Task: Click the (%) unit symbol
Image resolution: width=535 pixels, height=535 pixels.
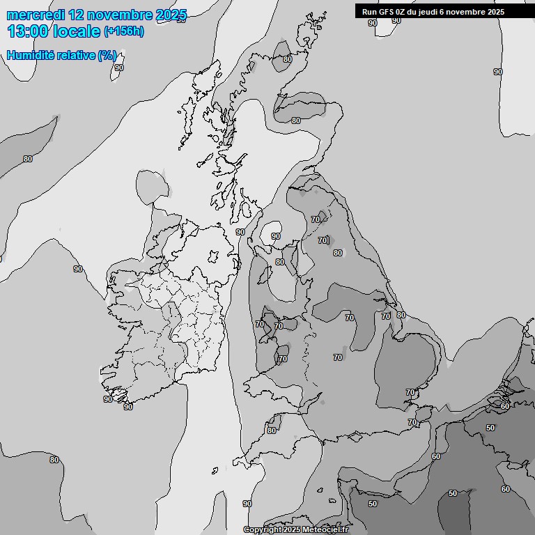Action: (x=107, y=55)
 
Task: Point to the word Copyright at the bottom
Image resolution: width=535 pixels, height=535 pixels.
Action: (x=264, y=530)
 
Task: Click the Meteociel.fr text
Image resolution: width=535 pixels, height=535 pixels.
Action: (x=329, y=530)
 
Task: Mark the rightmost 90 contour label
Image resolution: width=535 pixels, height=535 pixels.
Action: (x=497, y=72)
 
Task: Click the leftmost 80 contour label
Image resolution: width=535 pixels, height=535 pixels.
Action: (x=28, y=159)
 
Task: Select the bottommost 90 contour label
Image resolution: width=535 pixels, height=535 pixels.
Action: (x=247, y=504)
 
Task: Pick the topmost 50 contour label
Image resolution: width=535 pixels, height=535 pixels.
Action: (x=490, y=428)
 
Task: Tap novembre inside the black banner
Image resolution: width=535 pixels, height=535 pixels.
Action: (x=465, y=12)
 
